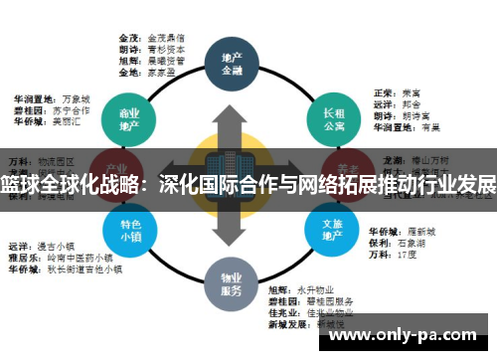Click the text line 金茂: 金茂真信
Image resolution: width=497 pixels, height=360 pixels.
click(x=150, y=34)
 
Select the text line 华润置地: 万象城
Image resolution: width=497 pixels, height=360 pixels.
click(x=50, y=99)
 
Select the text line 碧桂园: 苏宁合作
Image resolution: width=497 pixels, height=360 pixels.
click(x=50, y=111)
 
